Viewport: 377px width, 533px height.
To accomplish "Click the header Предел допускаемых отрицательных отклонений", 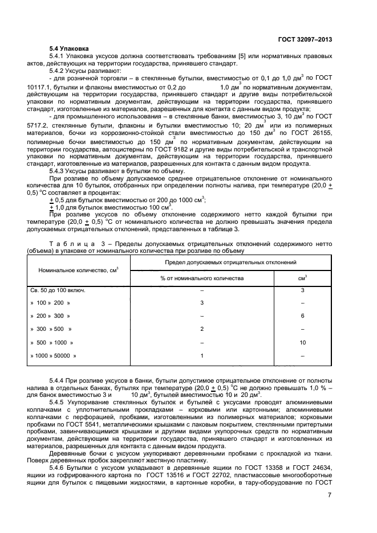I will tap(231, 262).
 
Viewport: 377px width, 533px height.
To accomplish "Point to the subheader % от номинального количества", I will tap(201, 278).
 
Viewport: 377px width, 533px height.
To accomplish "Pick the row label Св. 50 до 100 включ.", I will tap(58, 290).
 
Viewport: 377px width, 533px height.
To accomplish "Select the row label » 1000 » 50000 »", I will tap(54, 355).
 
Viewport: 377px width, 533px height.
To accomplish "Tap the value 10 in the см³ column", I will tap(302, 342).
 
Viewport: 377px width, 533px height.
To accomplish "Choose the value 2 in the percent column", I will tap(201, 329).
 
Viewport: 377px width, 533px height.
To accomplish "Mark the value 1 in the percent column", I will tap(201, 355).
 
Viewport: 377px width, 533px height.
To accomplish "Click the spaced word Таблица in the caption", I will tap(69, 243).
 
